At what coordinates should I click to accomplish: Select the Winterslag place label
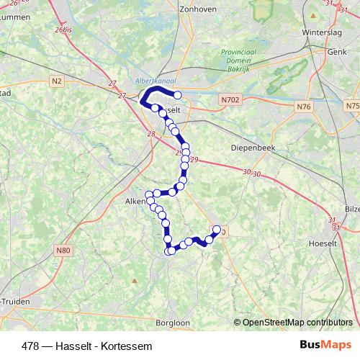(320, 32)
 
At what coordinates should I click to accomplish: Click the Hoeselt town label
(336, 243)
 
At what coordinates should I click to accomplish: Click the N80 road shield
(64, 250)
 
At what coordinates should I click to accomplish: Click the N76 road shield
(304, 107)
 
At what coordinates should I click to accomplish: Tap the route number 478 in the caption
(31, 346)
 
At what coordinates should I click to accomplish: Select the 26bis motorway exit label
(64, 30)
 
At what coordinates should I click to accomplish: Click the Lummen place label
(14, 16)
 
